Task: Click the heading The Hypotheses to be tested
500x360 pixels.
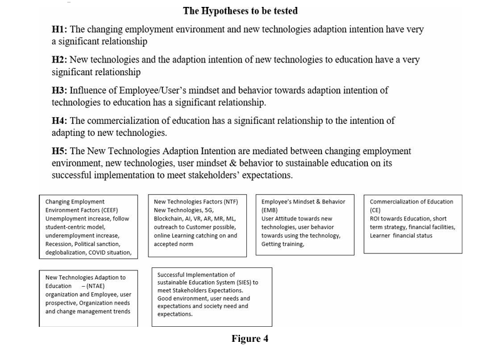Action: (240, 11)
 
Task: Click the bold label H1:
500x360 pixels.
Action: (60, 29)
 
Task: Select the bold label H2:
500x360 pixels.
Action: (60, 60)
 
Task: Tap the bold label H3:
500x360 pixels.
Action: (60, 91)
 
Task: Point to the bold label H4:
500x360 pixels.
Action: (60, 121)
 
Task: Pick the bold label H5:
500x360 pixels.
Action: (60, 152)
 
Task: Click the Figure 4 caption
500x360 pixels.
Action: (249, 339)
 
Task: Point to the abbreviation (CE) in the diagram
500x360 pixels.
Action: (377, 210)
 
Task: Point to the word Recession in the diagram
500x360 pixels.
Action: (60, 244)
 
